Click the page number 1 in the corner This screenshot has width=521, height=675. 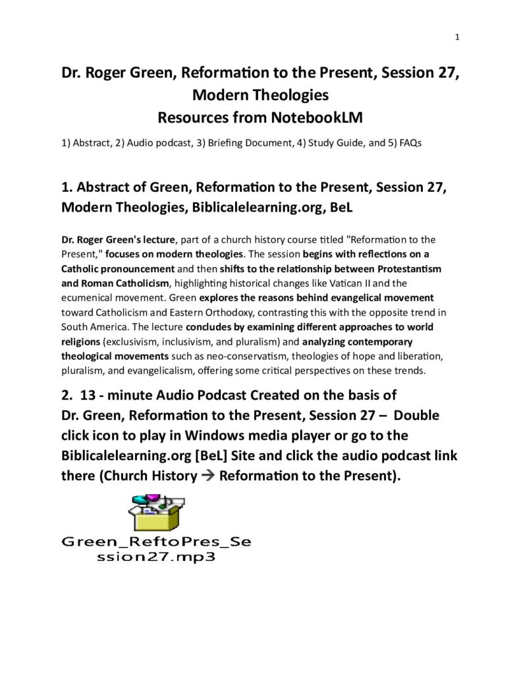[x=456, y=37]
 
